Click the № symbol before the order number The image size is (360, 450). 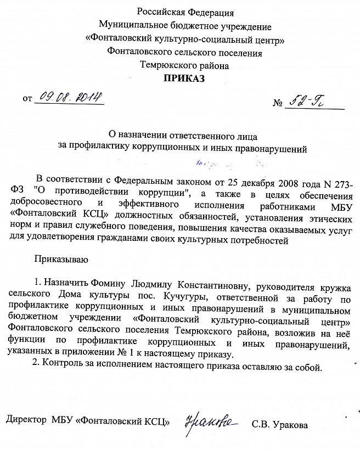click(x=277, y=104)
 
